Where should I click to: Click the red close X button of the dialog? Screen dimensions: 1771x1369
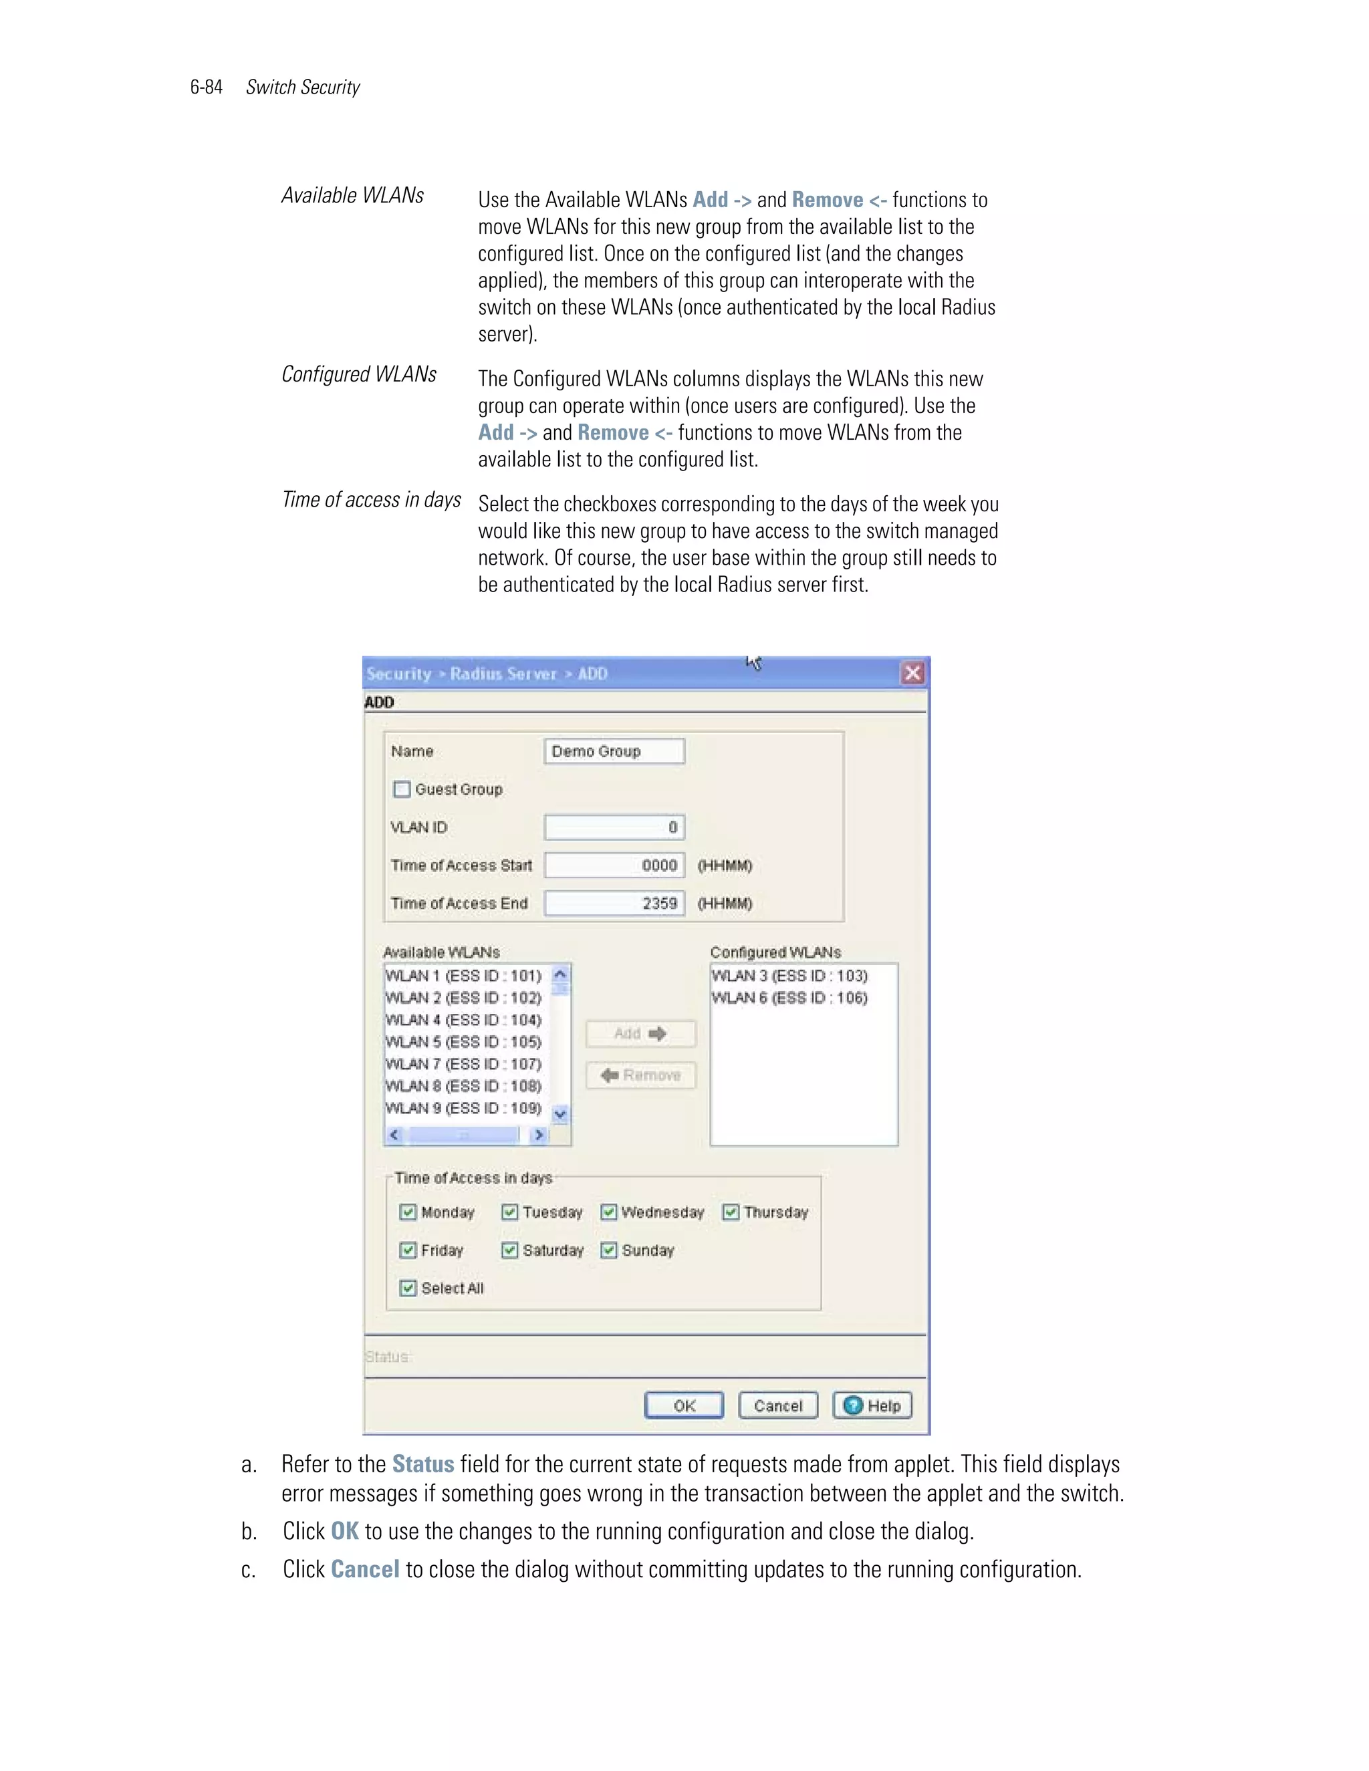[912, 673]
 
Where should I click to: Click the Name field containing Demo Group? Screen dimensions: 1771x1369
[614, 751]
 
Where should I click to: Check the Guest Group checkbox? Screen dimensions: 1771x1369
[402, 789]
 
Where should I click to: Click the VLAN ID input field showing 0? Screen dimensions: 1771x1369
[614, 827]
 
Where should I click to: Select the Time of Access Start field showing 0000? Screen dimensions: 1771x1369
[614, 865]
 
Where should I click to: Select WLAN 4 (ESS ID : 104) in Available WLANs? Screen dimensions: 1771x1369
[463, 1020]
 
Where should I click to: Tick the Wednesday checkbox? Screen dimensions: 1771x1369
[608, 1212]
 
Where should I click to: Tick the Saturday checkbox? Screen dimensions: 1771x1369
[509, 1250]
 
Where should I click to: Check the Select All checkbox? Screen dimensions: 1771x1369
[408, 1288]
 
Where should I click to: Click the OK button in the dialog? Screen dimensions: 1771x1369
[684, 1405]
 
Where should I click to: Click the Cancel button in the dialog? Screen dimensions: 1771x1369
[778, 1405]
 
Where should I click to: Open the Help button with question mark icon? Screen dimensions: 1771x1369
[872, 1405]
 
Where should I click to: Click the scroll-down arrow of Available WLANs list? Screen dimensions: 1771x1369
[559, 1114]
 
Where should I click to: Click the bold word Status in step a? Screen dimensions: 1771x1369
[422, 1464]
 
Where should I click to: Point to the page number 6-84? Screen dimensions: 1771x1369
[206, 88]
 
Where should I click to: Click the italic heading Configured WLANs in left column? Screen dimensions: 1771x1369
[358, 374]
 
